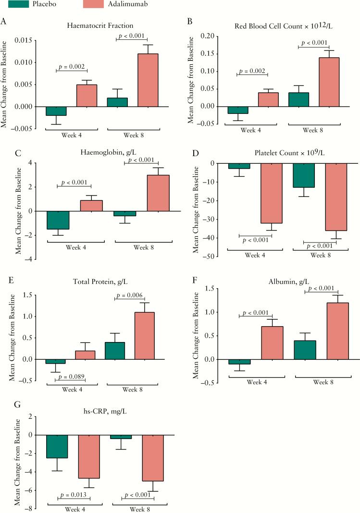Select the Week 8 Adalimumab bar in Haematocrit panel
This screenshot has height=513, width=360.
pyautogui.click(x=148, y=80)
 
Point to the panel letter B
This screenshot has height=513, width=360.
pyautogui.click(x=189, y=22)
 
